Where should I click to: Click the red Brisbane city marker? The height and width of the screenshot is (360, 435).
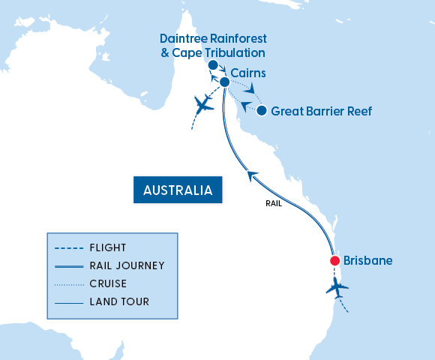click(335, 261)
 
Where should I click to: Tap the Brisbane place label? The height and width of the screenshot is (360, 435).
click(369, 261)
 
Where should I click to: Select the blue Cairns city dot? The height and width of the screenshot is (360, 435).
click(224, 82)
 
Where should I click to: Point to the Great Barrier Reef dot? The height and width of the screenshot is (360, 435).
click(261, 111)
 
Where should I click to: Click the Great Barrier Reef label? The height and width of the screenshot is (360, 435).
click(321, 111)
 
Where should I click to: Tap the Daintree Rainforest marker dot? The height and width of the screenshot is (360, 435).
click(213, 67)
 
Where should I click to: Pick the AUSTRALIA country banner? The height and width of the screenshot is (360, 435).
click(178, 190)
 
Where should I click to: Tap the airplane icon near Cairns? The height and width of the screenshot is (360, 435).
click(202, 104)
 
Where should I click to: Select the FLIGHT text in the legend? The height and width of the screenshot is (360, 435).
click(108, 247)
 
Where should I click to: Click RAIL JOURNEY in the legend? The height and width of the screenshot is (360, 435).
click(127, 265)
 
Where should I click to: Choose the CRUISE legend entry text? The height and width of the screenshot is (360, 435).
click(108, 283)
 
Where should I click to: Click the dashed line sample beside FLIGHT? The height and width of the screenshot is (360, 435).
click(68, 247)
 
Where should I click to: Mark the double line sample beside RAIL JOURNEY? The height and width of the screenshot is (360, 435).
click(68, 265)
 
